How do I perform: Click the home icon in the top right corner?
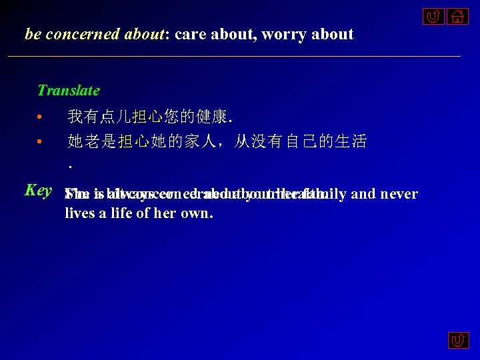(457, 15)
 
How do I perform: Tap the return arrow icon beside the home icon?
(432, 15)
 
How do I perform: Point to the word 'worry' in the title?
(283, 34)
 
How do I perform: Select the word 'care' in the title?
(191, 34)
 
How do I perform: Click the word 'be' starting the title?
(32, 34)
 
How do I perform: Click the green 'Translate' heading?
(68, 90)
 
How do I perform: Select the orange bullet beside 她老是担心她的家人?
(40, 141)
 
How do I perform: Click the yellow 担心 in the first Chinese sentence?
(147, 118)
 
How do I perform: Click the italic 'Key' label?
(38, 190)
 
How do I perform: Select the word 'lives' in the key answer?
(80, 213)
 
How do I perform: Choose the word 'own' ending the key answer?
(198, 213)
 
